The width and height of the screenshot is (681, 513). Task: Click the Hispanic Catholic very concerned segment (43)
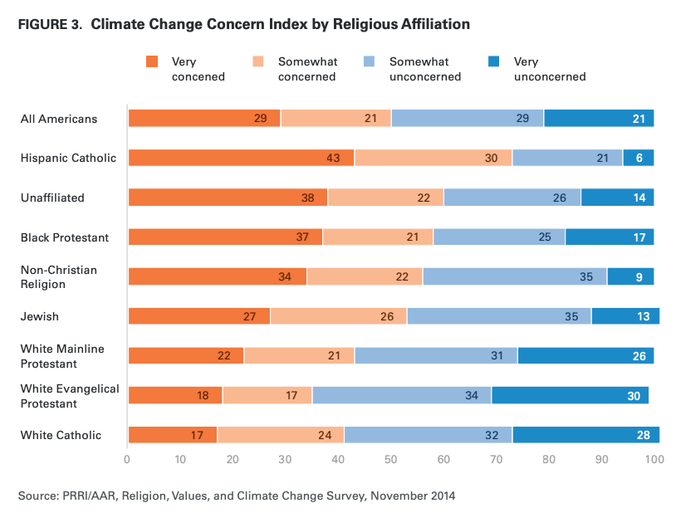(241, 158)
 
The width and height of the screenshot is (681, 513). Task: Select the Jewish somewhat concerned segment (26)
(338, 315)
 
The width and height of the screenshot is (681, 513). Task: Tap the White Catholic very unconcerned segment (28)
(585, 435)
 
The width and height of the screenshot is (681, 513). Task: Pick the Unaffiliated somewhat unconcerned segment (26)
(512, 198)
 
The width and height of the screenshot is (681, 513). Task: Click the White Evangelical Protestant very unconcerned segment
(570, 395)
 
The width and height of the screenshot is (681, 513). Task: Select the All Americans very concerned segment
(204, 118)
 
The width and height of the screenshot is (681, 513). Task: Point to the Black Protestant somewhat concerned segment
(377, 237)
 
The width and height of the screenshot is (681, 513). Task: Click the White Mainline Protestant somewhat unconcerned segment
(436, 355)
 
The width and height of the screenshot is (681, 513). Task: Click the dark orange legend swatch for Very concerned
(151, 61)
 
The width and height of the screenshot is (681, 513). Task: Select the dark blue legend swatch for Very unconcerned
(493, 61)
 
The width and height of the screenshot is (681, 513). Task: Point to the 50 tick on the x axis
(390, 459)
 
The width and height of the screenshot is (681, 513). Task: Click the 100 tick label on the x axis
(654, 459)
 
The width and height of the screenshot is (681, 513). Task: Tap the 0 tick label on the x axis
(127, 459)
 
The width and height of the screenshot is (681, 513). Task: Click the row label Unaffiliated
(51, 198)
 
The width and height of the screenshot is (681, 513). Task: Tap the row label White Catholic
(61, 435)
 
